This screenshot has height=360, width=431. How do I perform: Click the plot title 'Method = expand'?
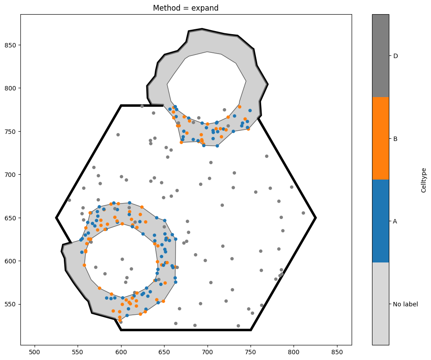[185, 8]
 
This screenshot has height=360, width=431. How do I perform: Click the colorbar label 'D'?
[395, 56]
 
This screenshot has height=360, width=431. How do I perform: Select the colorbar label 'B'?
[395, 139]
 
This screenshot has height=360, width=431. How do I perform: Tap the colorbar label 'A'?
[395, 221]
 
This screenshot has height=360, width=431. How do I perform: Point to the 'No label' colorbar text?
[405, 304]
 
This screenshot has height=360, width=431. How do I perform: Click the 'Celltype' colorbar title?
[423, 180]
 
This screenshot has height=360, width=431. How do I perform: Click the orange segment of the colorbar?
[380, 138]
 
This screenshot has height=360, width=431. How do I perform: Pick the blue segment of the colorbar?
[380, 221]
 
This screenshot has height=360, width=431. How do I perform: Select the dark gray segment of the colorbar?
[380, 56]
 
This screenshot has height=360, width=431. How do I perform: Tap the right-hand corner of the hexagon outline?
[316, 218]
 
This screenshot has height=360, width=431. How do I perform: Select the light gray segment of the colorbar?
[380, 304]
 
